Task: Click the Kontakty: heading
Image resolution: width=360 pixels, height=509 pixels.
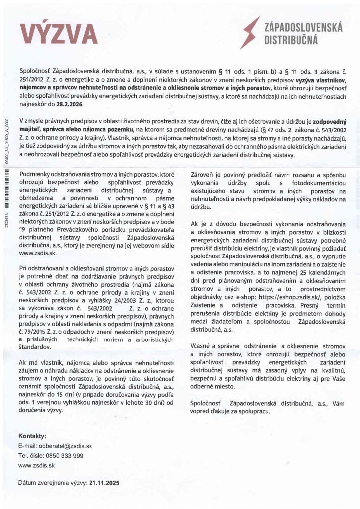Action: [32, 436]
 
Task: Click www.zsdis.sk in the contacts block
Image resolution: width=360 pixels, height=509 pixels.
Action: [36, 465]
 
